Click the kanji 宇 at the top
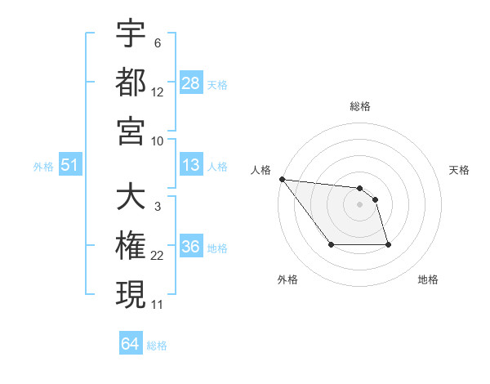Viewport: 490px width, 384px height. pos(131,34)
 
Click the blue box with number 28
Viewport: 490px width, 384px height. pos(191,83)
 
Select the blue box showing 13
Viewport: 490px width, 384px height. pos(191,166)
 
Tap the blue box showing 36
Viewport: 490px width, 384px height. pos(191,248)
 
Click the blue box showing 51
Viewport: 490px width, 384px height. pos(70,166)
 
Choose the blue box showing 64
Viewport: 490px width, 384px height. pos(131,344)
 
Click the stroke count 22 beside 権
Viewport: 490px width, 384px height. pos(158,257)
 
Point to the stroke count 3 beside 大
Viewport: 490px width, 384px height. pos(157,208)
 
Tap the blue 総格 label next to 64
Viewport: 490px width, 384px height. pos(157,346)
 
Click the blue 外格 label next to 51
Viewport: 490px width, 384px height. pos(43,167)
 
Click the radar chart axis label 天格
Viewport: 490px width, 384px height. pos(459,170)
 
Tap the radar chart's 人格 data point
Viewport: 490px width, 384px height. pos(282,179)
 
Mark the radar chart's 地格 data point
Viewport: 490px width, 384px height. pos(388,244)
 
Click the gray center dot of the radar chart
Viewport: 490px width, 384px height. pos(359,204)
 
